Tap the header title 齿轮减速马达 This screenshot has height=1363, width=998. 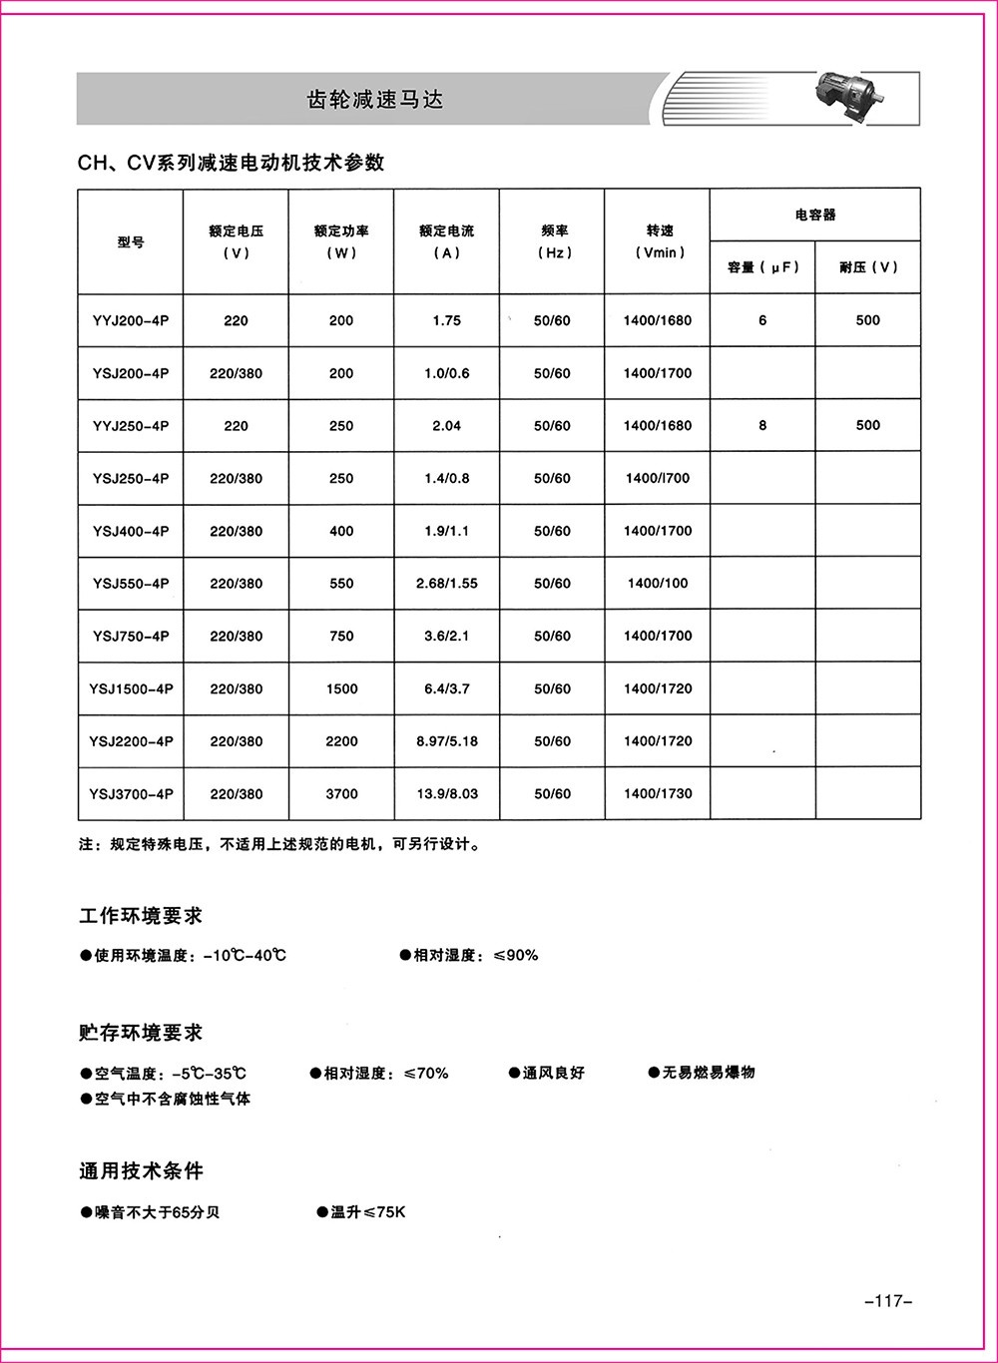point(374,100)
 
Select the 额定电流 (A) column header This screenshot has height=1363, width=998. point(447,241)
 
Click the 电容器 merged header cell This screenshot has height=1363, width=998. point(815,215)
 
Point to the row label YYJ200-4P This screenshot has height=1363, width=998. point(131,320)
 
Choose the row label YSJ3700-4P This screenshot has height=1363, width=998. point(131,794)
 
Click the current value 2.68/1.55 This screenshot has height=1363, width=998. point(447,584)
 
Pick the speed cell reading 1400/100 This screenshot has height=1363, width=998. point(658,584)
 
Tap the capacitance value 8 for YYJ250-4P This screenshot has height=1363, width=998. point(762,425)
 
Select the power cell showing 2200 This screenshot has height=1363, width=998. point(341,741)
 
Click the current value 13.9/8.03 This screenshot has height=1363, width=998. point(447,794)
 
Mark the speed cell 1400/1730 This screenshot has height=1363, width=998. point(658,794)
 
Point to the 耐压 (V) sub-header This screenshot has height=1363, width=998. point(868,267)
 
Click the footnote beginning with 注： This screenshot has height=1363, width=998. point(280,845)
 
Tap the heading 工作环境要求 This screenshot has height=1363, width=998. point(141,916)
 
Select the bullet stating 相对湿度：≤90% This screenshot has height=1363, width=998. point(469,956)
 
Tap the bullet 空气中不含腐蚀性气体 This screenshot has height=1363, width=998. point(166,1099)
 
